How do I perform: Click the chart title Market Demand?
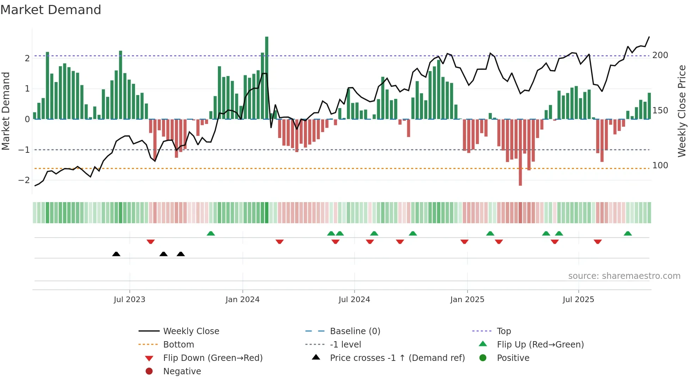coord(51,10)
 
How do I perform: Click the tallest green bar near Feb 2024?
coord(267,77)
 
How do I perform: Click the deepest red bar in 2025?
coord(520,152)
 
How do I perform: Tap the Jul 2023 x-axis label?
coord(129,300)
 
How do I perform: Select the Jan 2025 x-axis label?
coord(467,300)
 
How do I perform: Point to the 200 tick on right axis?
coord(660,55)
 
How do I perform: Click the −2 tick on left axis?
coord(24,180)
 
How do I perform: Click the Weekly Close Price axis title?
coord(682,111)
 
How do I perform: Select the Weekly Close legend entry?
coord(191,331)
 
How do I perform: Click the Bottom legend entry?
coord(178,345)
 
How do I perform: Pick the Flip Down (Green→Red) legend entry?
coord(213,358)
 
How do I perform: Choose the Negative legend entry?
coord(182,371)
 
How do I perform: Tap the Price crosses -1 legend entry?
coord(397,358)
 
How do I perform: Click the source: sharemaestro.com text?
coord(624,276)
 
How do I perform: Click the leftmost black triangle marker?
coord(116,254)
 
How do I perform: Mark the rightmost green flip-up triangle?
coord(628,233)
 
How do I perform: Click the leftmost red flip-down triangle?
coord(151,242)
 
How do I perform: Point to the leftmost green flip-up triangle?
coord(210,233)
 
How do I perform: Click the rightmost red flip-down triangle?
coord(598,242)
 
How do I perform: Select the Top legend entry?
coord(503,331)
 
